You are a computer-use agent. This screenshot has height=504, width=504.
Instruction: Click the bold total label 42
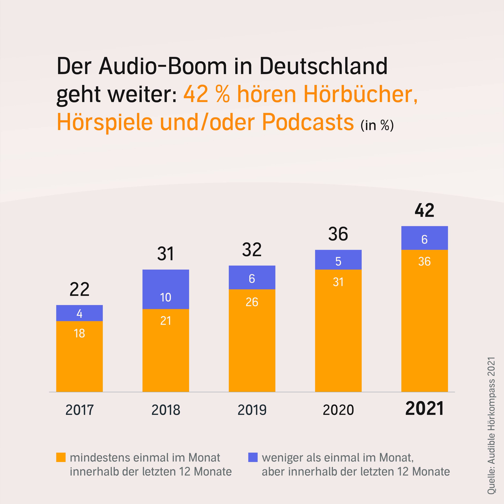[424, 210]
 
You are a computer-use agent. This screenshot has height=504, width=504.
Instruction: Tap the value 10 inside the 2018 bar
[166, 297]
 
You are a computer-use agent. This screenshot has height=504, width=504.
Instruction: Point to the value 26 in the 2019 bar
[252, 302]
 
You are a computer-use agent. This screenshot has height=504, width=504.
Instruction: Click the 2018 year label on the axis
[166, 410]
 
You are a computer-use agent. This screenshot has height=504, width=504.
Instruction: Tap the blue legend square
[253, 457]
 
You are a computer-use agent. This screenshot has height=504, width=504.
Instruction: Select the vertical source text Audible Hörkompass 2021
[491, 425]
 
